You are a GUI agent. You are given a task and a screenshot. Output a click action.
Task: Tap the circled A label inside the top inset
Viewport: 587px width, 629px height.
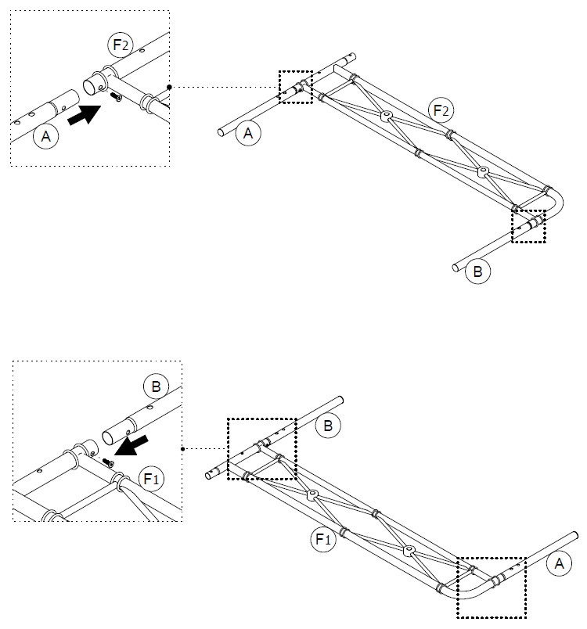pyautogui.click(x=46, y=138)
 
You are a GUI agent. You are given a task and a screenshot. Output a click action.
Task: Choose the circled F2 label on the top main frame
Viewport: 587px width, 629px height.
pyautogui.click(x=441, y=111)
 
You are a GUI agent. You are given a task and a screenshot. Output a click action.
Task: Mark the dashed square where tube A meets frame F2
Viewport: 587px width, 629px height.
pyautogui.click(x=295, y=86)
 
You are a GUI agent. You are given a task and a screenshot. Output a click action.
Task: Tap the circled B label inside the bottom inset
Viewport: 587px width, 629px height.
pyautogui.click(x=154, y=386)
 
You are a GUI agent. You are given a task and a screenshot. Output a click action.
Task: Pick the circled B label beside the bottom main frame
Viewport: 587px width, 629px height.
pyautogui.click(x=328, y=426)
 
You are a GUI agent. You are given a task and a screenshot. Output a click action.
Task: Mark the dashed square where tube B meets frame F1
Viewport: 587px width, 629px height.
pyautogui.click(x=261, y=448)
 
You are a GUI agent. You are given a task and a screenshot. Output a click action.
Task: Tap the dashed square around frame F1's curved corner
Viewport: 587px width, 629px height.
pyautogui.click(x=492, y=588)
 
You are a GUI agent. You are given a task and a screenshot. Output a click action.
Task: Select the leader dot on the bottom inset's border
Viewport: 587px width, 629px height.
pyautogui.click(x=182, y=449)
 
